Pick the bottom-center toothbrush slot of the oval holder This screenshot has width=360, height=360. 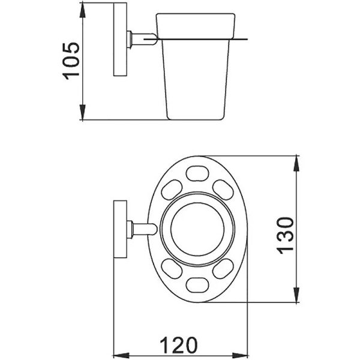(x=197, y=284)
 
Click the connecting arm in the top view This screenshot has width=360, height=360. (x=143, y=229)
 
